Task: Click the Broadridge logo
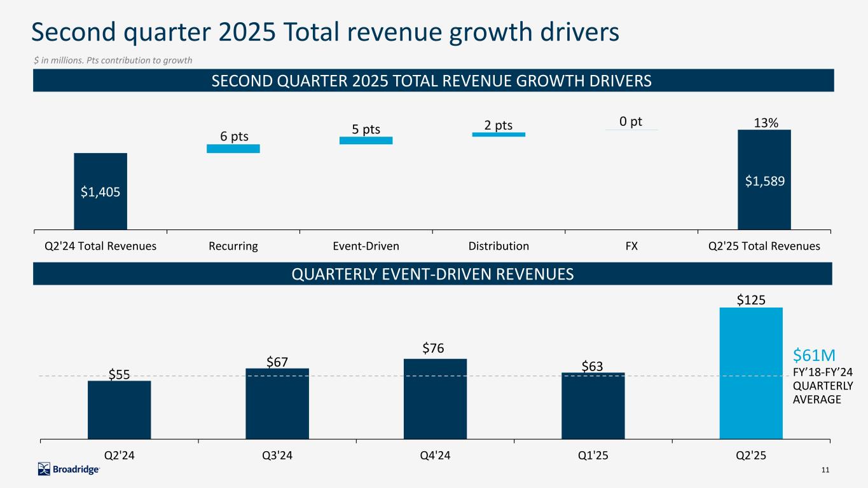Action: (x=69, y=469)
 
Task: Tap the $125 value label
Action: (x=751, y=299)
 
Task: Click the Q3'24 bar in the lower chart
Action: (x=277, y=403)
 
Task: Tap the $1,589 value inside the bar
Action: (x=764, y=181)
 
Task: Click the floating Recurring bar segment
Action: (x=233, y=149)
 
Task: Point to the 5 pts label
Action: (x=366, y=130)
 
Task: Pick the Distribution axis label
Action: (x=499, y=246)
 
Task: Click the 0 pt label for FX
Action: (x=631, y=121)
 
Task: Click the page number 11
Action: (x=825, y=470)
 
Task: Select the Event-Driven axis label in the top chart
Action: (x=366, y=246)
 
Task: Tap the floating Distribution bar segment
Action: (x=499, y=134)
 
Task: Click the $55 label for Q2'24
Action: (x=119, y=374)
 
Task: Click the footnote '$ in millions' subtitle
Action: (x=113, y=60)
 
